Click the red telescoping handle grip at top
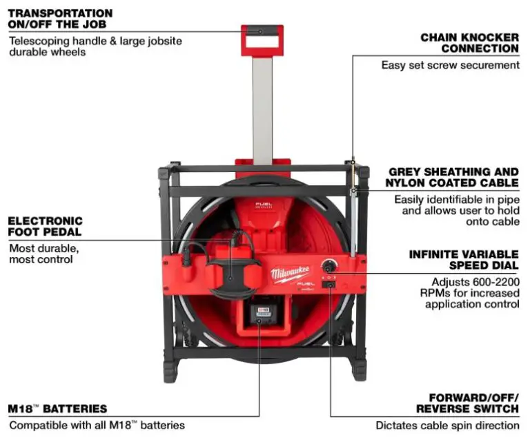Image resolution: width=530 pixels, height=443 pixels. pos(262,31)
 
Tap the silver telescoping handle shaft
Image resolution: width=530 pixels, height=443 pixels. pos(262,111)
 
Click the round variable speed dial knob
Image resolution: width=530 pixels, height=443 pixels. pos(329,265)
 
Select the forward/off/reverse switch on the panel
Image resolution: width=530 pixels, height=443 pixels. pos(330,284)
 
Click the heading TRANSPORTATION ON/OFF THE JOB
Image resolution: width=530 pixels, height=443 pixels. pos(60,19)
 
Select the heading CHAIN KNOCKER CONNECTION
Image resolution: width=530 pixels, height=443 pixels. pos(469,43)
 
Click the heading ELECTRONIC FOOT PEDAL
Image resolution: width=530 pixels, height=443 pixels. pos(55,226)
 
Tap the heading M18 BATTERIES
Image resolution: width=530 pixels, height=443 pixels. pos(58,408)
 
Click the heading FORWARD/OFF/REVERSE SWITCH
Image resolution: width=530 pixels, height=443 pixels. pos(473,404)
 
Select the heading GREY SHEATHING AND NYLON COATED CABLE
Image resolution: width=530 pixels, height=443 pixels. pos(453,177)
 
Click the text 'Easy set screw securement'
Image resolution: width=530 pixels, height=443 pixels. pos(450,65)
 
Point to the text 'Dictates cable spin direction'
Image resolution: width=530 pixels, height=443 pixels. pos(447,425)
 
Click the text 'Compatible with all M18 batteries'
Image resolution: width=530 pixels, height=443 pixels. pos(97,425)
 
